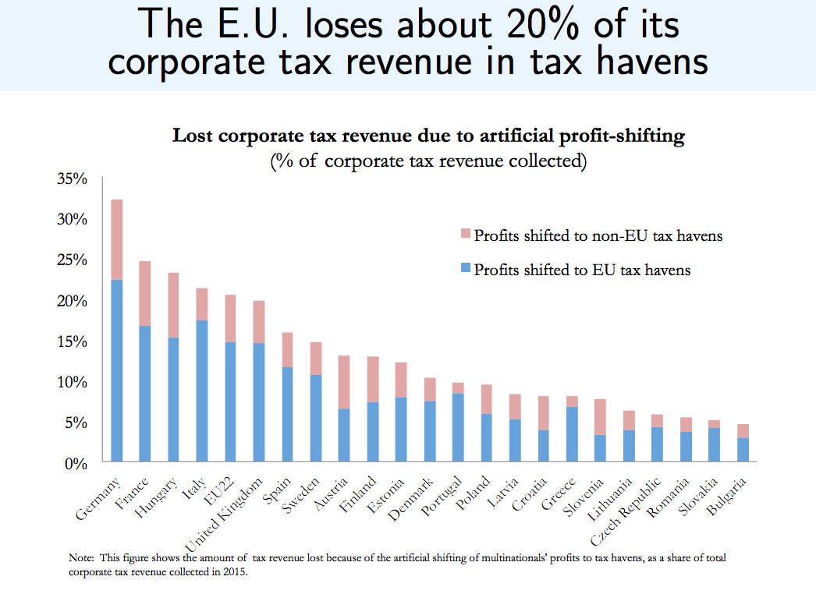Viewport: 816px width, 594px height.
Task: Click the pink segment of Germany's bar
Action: [x=117, y=239]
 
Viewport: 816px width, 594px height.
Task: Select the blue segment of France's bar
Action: [x=145, y=394]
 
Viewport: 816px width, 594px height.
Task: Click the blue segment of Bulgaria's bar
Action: [x=743, y=450]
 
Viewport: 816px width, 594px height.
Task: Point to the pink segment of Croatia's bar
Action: [x=544, y=413]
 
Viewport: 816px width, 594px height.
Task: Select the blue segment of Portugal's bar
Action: [x=458, y=428]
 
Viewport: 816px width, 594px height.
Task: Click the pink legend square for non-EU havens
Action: [x=466, y=234]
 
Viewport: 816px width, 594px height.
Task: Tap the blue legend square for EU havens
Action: [x=466, y=269]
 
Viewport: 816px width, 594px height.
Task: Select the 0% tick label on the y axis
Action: [x=76, y=463]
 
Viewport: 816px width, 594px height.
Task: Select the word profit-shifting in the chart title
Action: [x=616, y=136]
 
